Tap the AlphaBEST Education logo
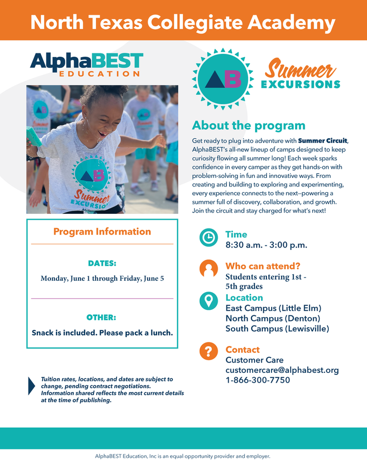point(86,65)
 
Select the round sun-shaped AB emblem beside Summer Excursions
point(223,79)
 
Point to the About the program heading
point(248,126)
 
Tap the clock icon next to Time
point(208,237)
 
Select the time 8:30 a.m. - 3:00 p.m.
point(266,245)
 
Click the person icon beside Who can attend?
point(208,269)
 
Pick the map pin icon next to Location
point(208,301)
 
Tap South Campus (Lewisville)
point(277,329)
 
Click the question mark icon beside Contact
point(208,352)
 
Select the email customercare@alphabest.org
point(282,370)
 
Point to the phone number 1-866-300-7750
point(258,380)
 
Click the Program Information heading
point(102,232)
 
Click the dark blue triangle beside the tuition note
point(32,386)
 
